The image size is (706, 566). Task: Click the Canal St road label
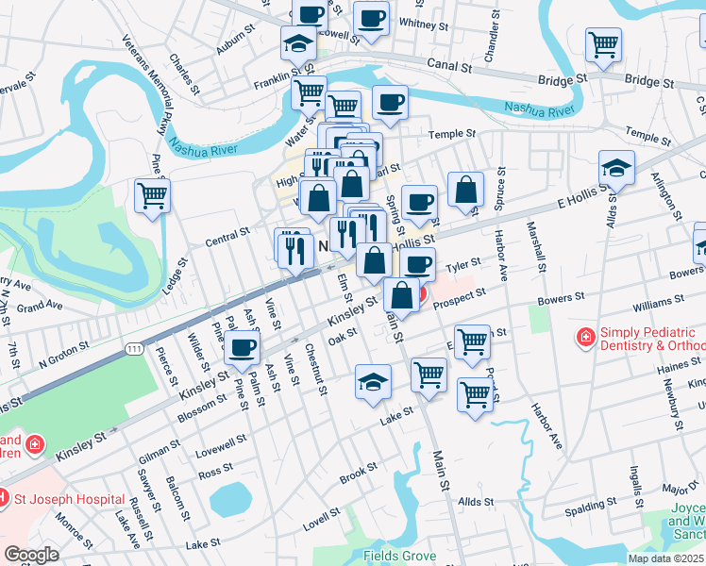(x=446, y=67)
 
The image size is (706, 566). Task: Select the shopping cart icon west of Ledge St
(x=152, y=196)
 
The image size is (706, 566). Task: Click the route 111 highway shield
(x=135, y=349)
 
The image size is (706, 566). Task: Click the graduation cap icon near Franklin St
(x=298, y=43)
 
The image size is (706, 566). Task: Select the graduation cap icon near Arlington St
(x=616, y=168)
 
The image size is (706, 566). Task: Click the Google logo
(x=32, y=555)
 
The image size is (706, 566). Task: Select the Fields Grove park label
(x=400, y=556)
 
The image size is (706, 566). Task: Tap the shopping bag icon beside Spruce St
(x=465, y=190)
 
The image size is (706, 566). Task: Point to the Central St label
(x=227, y=235)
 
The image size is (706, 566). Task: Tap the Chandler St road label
(x=490, y=40)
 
